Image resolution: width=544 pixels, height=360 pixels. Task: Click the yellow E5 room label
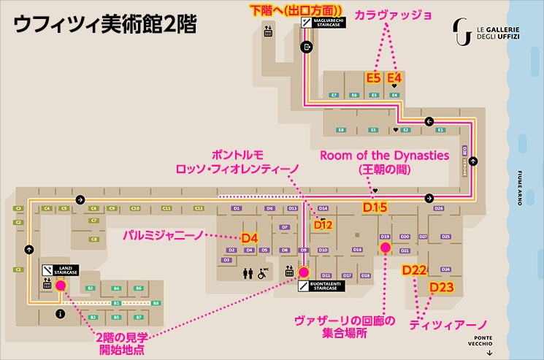[x=374, y=77]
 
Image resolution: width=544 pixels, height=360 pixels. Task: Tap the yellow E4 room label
[x=395, y=77]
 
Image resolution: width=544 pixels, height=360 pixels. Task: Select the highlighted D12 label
[x=323, y=225]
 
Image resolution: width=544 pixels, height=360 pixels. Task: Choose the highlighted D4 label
[x=250, y=237]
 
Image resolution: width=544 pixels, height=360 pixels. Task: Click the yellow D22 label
[x=414, y=270]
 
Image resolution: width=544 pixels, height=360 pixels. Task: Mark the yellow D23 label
[x=442, y=287]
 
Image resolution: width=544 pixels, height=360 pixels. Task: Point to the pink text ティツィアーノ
[x=448, y=323]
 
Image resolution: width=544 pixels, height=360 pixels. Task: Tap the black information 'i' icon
[x=61, y=314]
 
